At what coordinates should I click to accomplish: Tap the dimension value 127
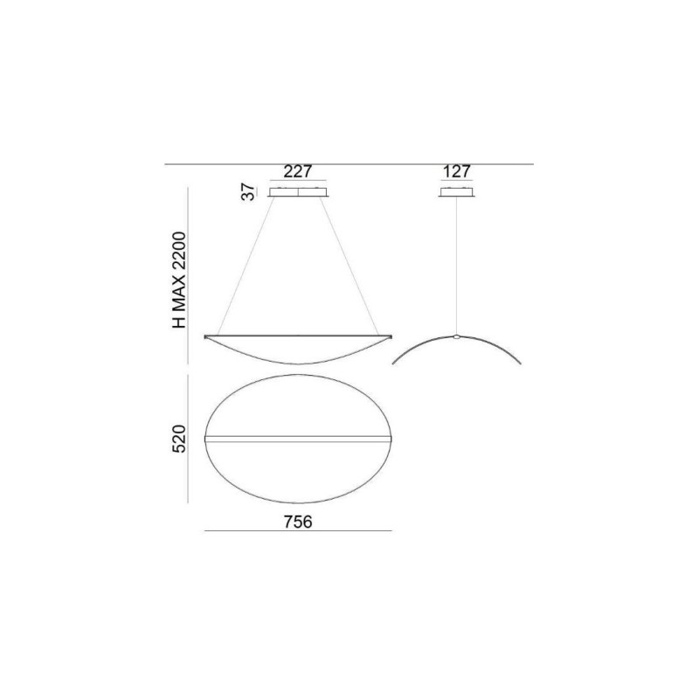click(457, 172)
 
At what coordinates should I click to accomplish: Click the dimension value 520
click(178, 439)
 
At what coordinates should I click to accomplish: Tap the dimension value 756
click(299, 522)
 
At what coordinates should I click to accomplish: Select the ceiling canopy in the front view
click(299, 192)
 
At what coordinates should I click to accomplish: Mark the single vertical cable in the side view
click(457, 262)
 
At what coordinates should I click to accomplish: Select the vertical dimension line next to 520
click(190, 439)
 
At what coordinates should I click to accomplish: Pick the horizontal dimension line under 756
click(299, 532)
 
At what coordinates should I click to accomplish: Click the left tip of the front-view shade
click(204, 336)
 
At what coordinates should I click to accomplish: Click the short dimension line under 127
click(457, 182)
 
